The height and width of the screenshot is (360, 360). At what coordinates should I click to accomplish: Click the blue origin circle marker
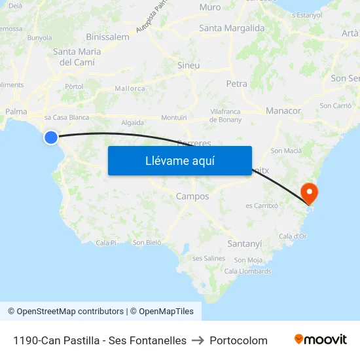coord(51,137)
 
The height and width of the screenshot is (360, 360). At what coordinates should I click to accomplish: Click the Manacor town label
coord(283,111)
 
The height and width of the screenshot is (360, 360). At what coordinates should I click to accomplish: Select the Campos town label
coord(192,196)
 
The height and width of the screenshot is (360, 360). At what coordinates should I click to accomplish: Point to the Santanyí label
coord(244,243)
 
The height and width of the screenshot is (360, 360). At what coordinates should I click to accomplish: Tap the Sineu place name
coord(189,65)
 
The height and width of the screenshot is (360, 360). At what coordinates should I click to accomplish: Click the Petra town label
coord(236,84)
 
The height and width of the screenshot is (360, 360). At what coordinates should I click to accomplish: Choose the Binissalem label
coord(107,37)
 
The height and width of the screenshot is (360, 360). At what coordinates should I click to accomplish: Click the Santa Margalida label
coord(232,28)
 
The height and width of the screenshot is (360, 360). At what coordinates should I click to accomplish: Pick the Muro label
coord(210,7)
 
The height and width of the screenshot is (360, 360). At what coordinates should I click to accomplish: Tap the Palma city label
coord(16,111)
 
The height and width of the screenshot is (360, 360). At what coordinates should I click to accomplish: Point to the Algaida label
coord(132,122)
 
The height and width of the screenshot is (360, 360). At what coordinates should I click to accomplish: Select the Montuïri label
coord(174,117)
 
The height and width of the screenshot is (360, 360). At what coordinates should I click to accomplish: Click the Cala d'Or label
coord(293,236)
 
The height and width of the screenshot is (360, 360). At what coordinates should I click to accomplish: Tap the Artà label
coord(350,33)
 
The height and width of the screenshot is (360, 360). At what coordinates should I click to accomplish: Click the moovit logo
coord(320,339)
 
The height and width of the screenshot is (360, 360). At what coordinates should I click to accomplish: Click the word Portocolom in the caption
coord(238,340)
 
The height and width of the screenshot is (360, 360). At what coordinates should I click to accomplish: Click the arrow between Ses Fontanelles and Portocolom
coord(198,340)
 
